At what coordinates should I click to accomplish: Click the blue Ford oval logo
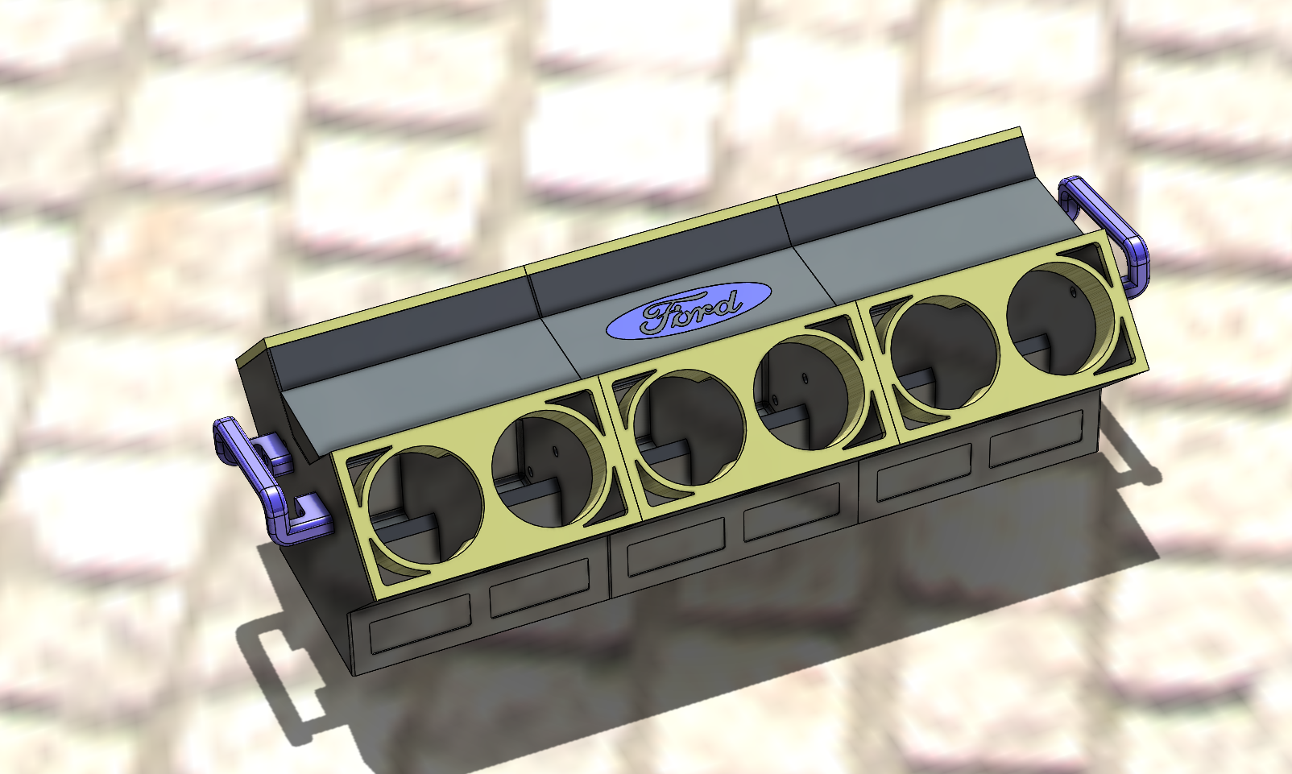pyautogui.click(x=688, y=310)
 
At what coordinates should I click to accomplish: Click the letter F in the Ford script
pyautogui.click(x=656, y=317)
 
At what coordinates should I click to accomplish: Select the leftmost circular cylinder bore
pyautogui.click(x=420, y=506)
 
